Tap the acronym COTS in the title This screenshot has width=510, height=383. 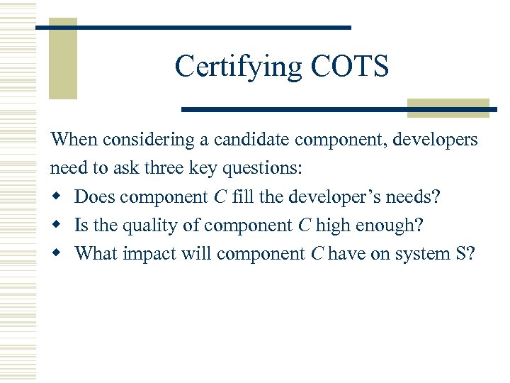[349, 67]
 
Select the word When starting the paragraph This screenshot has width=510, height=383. [74, 140]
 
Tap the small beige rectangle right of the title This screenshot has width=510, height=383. [448, 107]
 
